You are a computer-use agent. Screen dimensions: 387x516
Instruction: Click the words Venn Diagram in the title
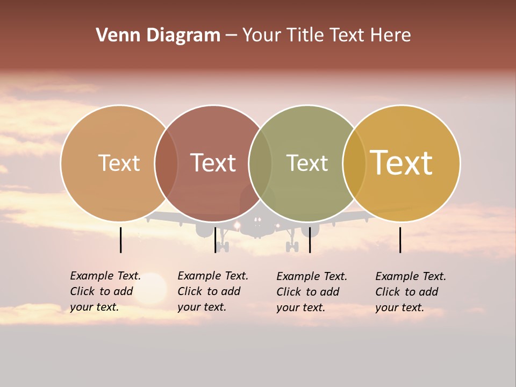click(x=158, y=35)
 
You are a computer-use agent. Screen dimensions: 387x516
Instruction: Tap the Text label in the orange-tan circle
click(x=119, y=163)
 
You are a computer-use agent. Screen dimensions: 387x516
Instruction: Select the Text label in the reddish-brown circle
click(x=213, y=163)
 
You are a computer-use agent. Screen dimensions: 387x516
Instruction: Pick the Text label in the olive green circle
click(x=307, y=163)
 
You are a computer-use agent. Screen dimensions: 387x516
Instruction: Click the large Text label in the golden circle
click(x=402, y=162)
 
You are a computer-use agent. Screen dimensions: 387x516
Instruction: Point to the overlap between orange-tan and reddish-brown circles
click(x=166, y=163)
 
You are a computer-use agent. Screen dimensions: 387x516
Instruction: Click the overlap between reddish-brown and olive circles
click(x=260, y=163)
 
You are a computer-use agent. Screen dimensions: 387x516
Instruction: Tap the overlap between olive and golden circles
click(x=354, y=163)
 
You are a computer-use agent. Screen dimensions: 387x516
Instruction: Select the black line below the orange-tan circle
click(x=121, y=240)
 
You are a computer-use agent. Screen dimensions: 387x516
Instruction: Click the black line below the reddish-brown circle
click(x=216, y=240)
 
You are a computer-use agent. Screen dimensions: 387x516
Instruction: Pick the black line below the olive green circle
click(x=310, y=240)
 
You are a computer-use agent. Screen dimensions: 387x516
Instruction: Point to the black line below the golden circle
click(x=400, y=240)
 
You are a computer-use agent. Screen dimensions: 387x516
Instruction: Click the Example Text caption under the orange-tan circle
click(x=105, y=291)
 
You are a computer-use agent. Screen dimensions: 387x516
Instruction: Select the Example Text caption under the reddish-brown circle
click(x=212, y=291)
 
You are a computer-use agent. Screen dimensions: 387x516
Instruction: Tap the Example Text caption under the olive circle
click(x=311, y=292)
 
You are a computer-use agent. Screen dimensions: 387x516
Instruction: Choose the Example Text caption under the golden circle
click(x=410, y=292)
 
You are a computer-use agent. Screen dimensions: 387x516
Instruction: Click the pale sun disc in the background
click(x=151, y=288)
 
